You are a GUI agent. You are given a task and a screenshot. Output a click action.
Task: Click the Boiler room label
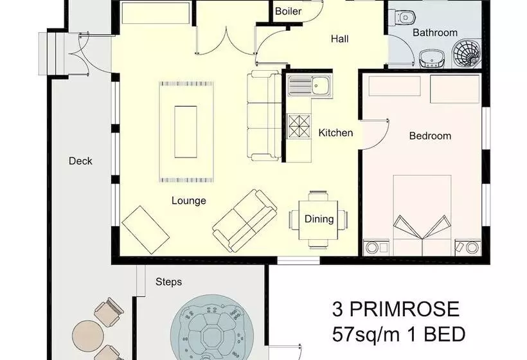tap(288, 11)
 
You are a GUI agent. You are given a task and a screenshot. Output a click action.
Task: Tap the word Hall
tap(339, 39)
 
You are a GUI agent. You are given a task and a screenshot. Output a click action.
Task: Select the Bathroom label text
tap(435, 33)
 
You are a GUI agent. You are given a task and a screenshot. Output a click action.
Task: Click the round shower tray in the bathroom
tap(466, 53)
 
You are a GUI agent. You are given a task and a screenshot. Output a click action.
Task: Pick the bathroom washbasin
tap(433, 59)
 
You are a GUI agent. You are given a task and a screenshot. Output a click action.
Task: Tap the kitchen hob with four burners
tap(299, 127)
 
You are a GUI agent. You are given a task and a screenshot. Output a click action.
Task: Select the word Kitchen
tap(335, 133)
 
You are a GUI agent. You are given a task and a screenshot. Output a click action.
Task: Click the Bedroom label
tap(430, 136)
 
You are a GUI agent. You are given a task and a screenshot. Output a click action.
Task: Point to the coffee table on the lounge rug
tap(186, 132)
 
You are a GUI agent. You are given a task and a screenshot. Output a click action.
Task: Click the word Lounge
tap(188, 201)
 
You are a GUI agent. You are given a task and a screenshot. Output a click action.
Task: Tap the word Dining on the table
tap(319, 219)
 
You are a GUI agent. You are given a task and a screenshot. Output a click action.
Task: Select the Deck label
tap(80, 161)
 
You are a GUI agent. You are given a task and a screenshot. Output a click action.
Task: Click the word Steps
tap(168, 282)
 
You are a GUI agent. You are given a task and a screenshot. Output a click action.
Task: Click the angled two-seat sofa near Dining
tap(245, 220)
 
